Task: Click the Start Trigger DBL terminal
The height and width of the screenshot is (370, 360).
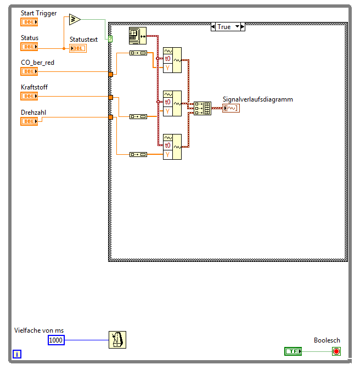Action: pos(29,22)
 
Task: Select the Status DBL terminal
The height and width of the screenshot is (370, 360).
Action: pos(29,47)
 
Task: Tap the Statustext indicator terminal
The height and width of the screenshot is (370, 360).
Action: pos(77,48)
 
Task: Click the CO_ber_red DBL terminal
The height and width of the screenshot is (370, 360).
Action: pos(29,71)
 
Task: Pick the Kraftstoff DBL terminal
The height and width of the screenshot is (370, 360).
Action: pos(29,96)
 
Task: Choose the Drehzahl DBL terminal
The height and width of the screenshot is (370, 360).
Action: pos(29,121)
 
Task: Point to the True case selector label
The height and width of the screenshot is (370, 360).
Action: pos(224,26)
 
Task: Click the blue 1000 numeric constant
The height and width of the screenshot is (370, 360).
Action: pos(56,340)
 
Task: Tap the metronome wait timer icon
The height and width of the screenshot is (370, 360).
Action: pos(117,340)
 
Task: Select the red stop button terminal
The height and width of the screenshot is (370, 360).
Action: pos(336,351)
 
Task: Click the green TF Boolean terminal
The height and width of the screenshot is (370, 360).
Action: pos(293,351)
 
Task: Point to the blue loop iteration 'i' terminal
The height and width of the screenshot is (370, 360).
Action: pos(17,354)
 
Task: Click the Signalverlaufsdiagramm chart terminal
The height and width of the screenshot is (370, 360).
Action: pos(230,108)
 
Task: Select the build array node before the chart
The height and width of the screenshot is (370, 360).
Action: pos(203,108)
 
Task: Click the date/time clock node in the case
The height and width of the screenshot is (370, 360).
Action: pos(135,36)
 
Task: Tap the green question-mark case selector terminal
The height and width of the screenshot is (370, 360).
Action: pos(110,39)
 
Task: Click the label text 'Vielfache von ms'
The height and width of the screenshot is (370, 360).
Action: pos(39,330)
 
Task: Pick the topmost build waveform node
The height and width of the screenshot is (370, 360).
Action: pos(172,60)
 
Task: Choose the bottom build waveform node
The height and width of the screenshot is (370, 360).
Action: pos(172,147)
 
